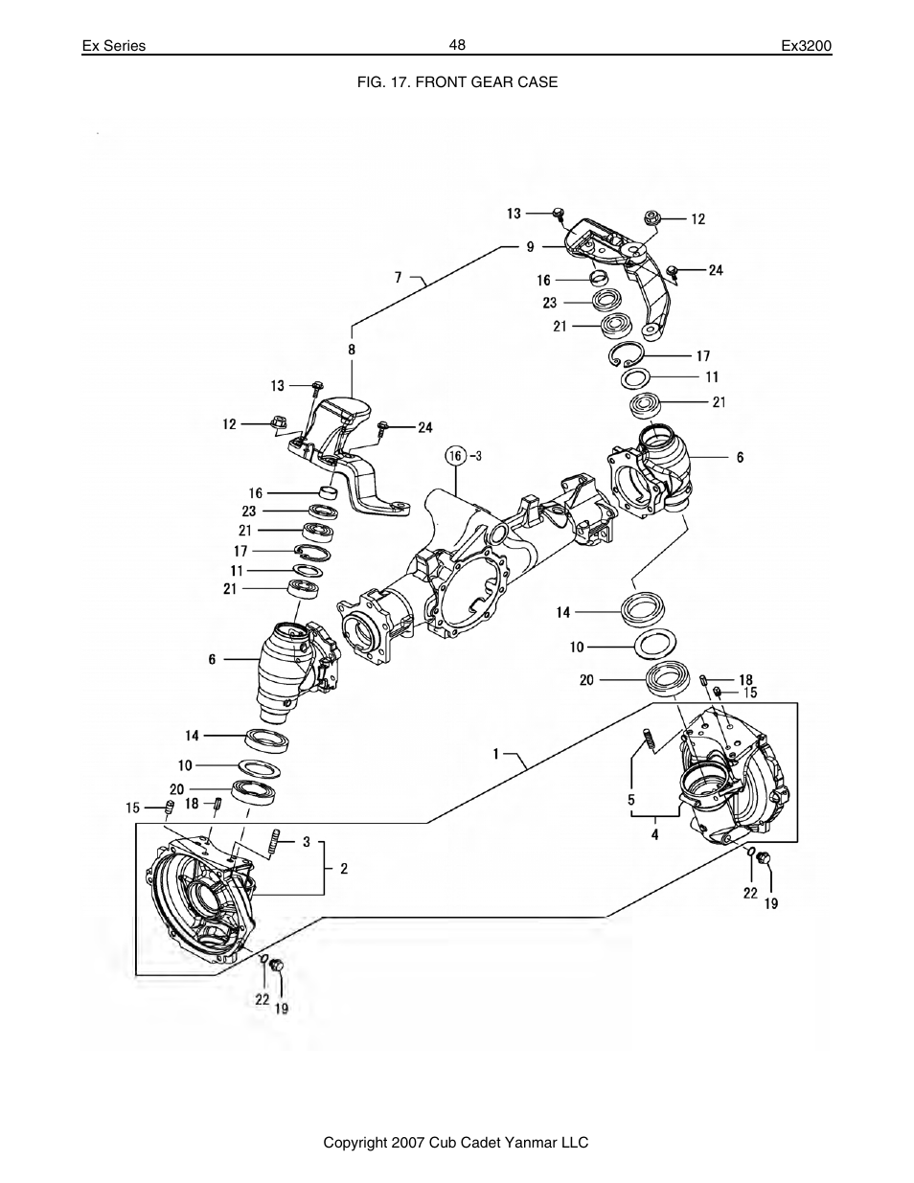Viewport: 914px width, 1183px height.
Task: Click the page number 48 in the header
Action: point(456,45)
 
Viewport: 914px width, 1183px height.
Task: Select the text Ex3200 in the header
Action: point(807,46)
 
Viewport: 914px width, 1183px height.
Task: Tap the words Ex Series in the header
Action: point(113,46)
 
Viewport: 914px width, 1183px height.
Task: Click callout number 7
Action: point(399,278)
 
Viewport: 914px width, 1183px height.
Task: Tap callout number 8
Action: point(352,351)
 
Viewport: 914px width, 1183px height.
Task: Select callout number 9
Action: point(530,246)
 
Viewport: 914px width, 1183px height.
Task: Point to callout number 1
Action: point(496,754)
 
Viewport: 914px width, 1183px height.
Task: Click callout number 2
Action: point(344,869)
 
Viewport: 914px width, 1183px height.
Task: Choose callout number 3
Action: point(307,842)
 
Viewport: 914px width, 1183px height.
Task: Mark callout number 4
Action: point(655,834)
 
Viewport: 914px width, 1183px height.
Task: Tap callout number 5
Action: point(630,799)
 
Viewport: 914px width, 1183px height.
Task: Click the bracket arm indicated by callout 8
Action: point(350,450)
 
